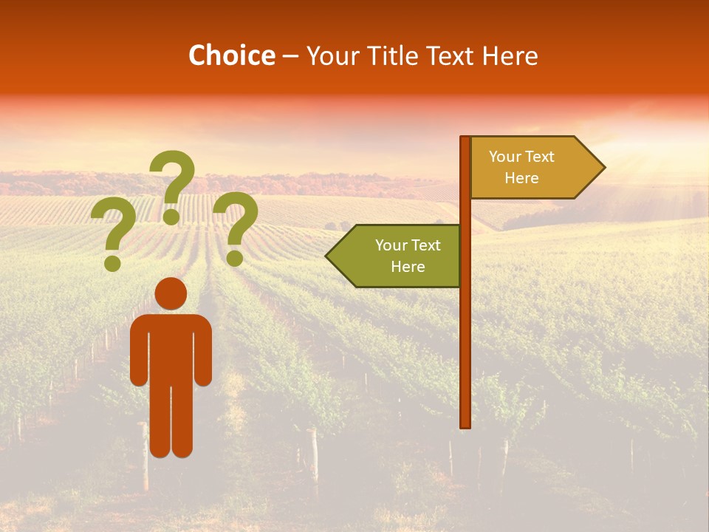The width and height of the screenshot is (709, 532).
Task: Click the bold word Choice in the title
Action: (x=231, y=55)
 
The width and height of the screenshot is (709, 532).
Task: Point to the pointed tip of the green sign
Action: (x=328, y=256)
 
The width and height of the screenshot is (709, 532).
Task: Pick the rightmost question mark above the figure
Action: (x=236, y=222)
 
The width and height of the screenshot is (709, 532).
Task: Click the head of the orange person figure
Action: (x=171, y=293)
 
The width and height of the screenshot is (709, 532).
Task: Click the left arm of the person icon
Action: (x=139, y=351)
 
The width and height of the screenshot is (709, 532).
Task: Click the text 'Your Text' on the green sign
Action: (x=408, y=245)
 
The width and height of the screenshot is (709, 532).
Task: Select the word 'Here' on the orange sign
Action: (x=521, y=178)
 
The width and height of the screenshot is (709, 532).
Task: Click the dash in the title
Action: (x=290, y=57)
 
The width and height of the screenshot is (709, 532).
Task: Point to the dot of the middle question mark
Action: (x=171, y=216)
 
